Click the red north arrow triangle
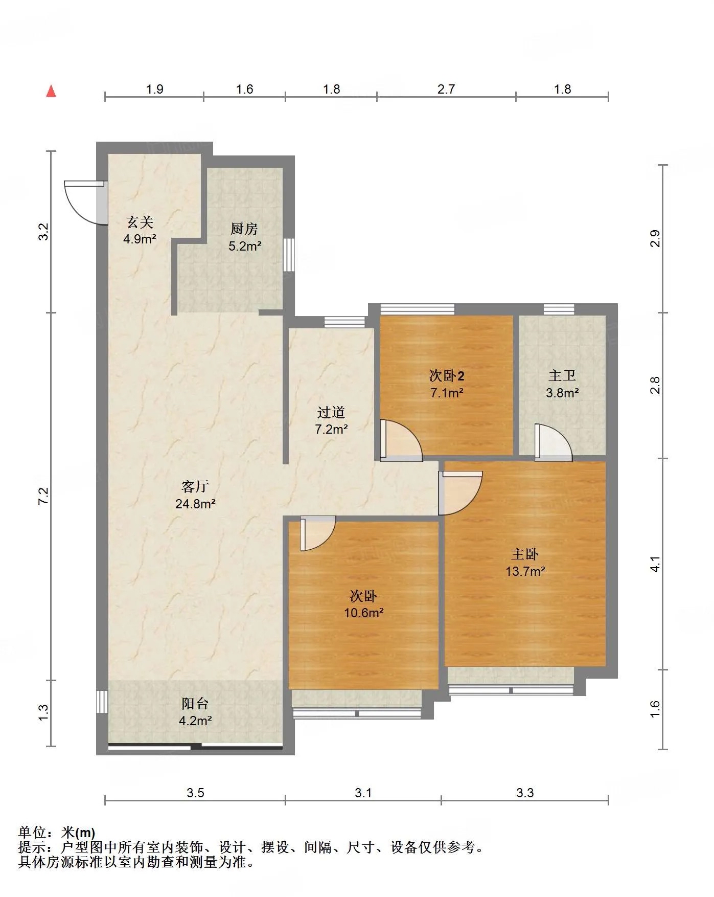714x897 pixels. tap(51, 91)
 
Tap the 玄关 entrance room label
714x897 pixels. tap(140, 222)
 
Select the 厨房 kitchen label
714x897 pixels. tap(244, 229)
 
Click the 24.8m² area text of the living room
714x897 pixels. tap(195, 504)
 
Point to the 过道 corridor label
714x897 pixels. tap(331, 412)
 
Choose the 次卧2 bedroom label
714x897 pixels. tap(447, 376)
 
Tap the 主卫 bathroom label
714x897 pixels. tap(562, 376)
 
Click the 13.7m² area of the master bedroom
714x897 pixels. tap(525, 571)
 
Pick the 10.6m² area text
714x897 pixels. tap(363, 613)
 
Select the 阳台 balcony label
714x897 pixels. tap(195, 704)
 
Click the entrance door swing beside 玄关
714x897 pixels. tap(84, 203)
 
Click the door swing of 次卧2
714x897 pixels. tap(402, 440)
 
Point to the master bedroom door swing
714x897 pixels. tap(460, 493)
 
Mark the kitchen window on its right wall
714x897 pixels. tap(289, 255)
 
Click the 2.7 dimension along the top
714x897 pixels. tap(446, 89)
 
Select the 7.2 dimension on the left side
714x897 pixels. tap(44, 496)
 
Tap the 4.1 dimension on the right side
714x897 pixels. tap(655, 564)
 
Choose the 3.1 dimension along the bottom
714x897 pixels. tap(363, 793)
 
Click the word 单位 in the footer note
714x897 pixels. tap(32, 833)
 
